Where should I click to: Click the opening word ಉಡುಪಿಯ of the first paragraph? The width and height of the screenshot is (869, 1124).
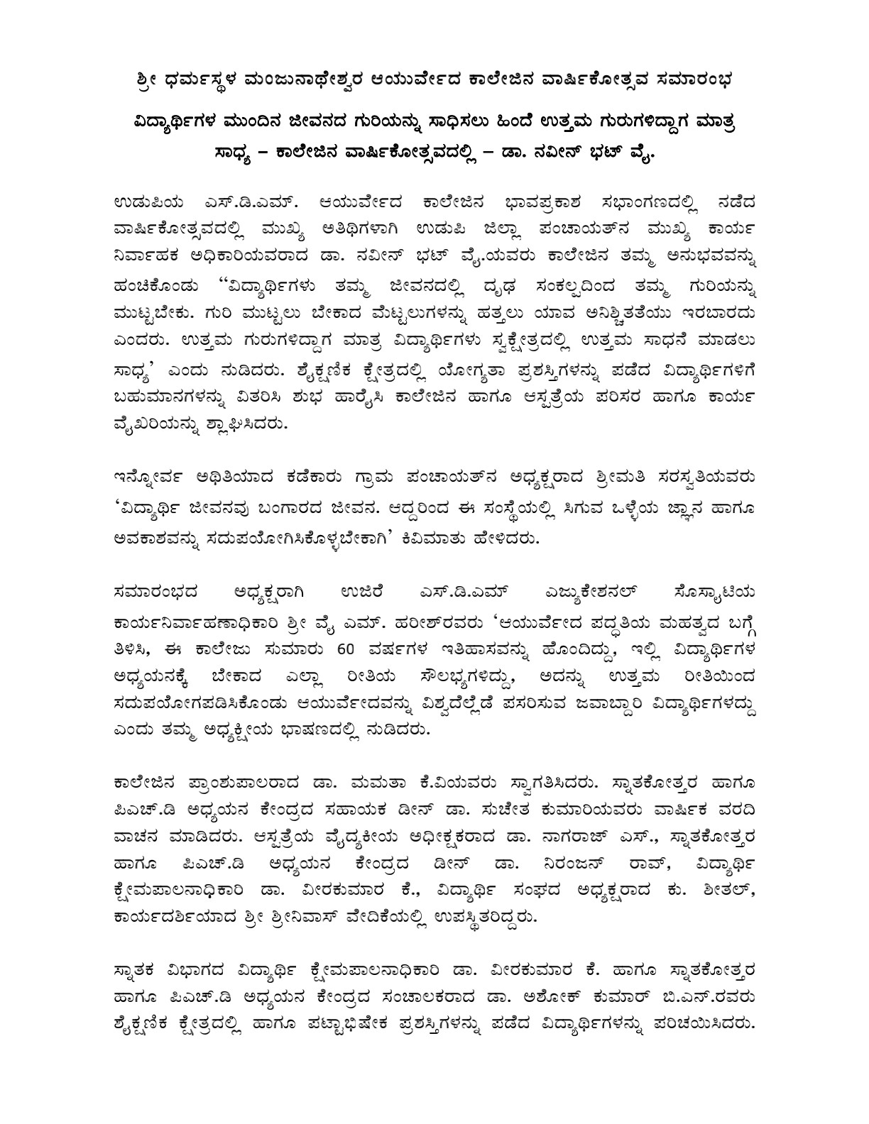(144, 204)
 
